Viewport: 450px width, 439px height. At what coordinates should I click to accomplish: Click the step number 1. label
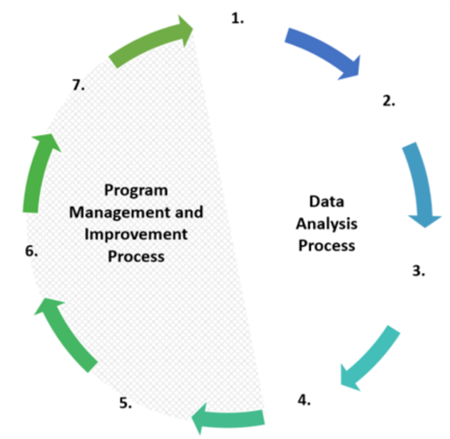(x=238, y=19)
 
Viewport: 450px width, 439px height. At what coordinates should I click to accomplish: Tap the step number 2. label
(x=389, y=102)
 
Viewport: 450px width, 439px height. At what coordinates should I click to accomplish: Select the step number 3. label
(x=418, y=270)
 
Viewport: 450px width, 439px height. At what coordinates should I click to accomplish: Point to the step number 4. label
(x=305, y=400)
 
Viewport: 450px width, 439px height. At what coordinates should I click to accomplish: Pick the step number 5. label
(x=126, y=403)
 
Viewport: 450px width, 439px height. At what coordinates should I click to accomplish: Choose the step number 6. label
(x=32, y=251)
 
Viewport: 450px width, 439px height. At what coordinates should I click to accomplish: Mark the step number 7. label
(x=78, y=85)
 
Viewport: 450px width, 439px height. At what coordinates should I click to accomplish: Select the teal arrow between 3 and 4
(x=371, y=357)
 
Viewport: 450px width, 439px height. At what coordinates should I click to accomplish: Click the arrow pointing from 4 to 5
(x=230, y=418)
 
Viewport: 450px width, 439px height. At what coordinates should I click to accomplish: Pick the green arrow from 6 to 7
(x=36, y=175)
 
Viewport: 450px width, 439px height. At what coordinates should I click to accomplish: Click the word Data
(x=327, y=201)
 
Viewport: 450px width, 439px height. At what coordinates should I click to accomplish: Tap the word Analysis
(x=327, y=224)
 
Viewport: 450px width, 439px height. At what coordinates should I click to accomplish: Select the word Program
(x=136, y=190)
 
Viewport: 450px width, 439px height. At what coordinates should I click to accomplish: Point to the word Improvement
(x=136, y=235)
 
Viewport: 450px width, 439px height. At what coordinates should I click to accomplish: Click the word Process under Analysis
(x=327, y=246)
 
